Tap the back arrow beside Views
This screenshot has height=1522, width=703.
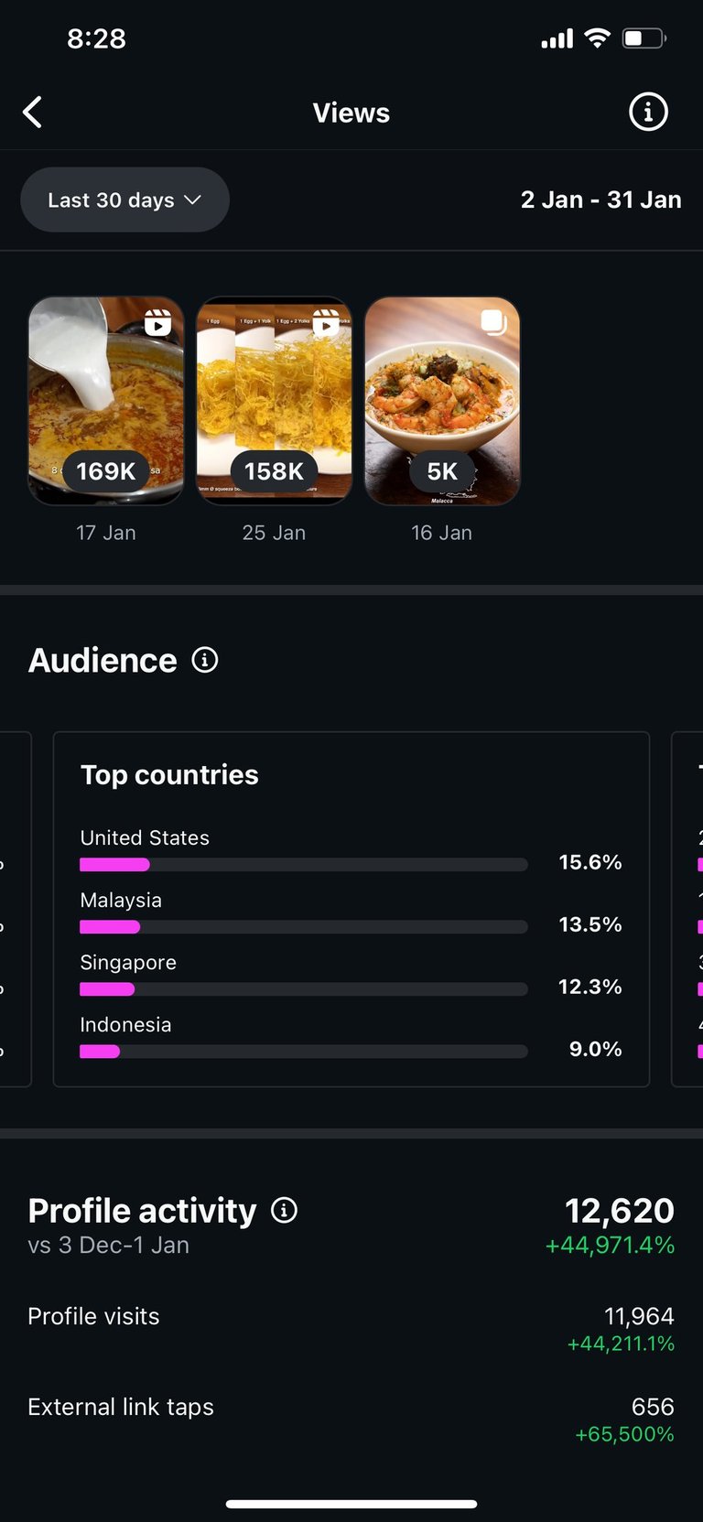click(x=33, y=113)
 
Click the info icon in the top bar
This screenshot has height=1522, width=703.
click(x=648, y=113)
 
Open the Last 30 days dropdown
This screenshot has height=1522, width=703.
click(x=124, y=200)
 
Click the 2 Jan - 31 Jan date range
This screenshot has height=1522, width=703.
click(x=600, y=200)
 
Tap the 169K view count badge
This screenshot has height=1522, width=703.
click(x=106, y=471)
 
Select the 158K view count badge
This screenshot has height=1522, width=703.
click(x=274, y=471)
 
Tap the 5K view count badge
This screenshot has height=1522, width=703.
click(x=442, y=471)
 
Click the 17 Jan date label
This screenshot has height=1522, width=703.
click(x=106, y=533)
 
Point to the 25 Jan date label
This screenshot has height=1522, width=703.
click(x=274, y=533)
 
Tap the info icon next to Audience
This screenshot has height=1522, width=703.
click(x=205, y=660)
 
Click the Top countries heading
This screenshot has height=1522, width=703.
click(x=169, y=775)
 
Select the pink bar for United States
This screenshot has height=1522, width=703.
click(x=114, y=865)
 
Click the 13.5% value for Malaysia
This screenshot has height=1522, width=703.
click(x=590, y=924)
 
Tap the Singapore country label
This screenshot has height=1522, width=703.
click(x=128, y=963)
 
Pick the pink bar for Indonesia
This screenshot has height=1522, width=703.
click(x=100, y=1052)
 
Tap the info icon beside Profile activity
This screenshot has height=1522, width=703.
click(x=285, y=1211)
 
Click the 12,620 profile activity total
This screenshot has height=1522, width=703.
click(x=620, y=1211)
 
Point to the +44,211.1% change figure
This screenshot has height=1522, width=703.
click(x=621, y=1344)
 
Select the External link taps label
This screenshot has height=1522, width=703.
click(x=121, y=1407)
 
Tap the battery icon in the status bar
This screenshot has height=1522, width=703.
click(x=644, y=38)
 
